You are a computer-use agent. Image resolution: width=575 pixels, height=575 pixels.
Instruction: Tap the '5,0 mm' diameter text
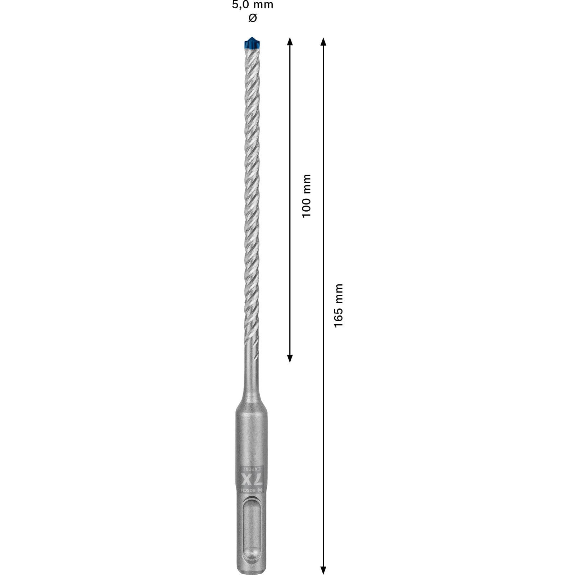click(253, 5)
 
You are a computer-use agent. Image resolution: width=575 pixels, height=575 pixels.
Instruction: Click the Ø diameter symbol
click(253, 18)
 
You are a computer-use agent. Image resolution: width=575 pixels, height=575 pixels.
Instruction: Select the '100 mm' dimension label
click(306, 196)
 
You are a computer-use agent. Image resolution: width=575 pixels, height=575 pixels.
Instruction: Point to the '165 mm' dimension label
click(339, 305)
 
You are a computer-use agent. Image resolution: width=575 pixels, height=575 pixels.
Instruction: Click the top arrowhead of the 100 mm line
click(290, 41)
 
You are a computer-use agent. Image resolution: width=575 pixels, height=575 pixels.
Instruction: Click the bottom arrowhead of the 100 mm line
click(290, 358)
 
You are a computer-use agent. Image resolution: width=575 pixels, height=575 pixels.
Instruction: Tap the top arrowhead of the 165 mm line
click(323, 42)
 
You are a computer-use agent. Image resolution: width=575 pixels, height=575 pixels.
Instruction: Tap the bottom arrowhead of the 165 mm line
click(323, 570)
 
